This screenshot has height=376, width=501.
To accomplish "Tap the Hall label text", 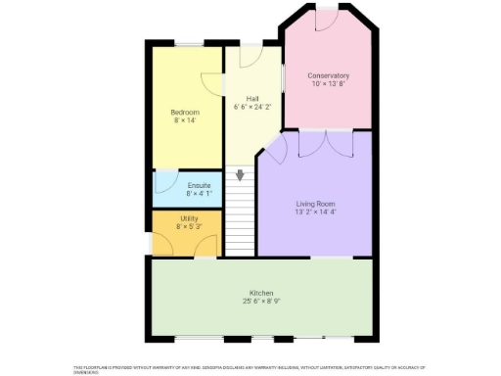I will point(252,99).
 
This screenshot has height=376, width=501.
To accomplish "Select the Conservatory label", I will point(328,75).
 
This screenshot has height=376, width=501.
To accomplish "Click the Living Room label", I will point(315,203).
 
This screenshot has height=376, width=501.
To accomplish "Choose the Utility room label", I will point(188,218).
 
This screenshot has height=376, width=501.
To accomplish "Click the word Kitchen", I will point(260,292).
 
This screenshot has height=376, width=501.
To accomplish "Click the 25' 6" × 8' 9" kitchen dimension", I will point(260,301).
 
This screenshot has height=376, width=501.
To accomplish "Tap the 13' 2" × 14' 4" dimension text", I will point(315,211).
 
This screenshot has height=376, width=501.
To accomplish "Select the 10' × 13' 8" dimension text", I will point(328,84).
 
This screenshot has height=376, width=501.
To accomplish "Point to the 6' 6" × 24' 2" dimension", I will point(252,108).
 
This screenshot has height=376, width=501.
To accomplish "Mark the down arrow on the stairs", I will point(240,175).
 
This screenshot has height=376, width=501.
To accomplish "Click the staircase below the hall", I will point(240,220).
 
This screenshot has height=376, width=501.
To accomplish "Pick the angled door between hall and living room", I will point(275,150).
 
